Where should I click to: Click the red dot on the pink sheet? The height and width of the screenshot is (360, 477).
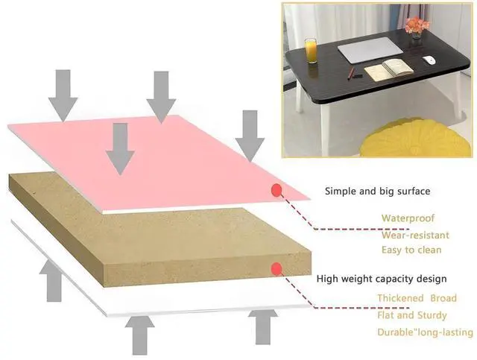277,190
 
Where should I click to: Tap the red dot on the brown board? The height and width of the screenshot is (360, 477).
277,268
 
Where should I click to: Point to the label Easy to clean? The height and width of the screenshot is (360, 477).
411,250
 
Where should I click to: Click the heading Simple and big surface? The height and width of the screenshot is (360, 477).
377,191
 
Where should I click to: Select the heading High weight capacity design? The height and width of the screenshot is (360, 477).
382,280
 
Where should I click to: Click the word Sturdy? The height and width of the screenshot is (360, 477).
432,315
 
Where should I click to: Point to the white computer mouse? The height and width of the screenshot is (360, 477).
429,60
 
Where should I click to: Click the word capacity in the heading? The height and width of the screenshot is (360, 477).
386,280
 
